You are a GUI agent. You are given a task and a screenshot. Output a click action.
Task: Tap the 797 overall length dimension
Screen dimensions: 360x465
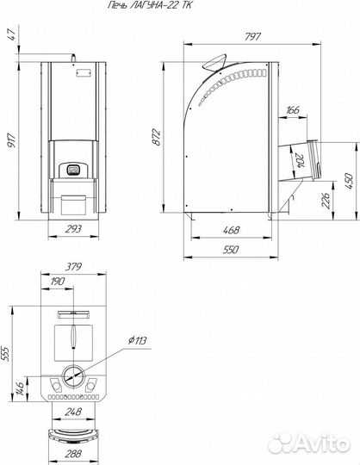tap(252, 36)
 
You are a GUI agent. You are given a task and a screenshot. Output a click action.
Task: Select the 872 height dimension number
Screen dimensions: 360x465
tap(157, 137)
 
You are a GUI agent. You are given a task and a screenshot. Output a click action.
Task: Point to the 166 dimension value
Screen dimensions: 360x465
tap(292, 109)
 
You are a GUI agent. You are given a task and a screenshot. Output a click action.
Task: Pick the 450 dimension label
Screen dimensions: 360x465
tap(349, 181)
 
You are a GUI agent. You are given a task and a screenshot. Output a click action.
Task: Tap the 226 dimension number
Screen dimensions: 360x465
tap(326, 201)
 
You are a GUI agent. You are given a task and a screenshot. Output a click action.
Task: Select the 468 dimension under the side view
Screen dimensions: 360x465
tap(231, 230)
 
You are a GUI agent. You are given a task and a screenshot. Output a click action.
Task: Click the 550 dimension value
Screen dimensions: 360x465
tap(231, 250)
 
